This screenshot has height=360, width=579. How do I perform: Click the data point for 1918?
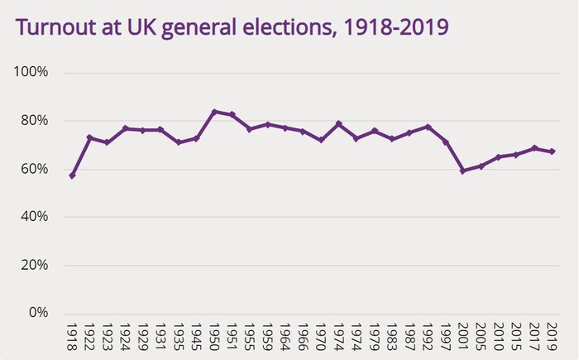click(x=72, y=175)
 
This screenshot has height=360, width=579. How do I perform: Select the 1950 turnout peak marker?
click(x=214, y=112)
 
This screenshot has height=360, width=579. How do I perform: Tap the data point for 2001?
click(x=463, y=170)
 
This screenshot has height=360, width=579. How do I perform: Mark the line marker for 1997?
click(x=446, y=142)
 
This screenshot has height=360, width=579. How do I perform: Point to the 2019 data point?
click(x=553, y=151)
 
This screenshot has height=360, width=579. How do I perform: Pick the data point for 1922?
click(x=89, y=137)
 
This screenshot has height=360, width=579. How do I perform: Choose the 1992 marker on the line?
click(x=428, y=127)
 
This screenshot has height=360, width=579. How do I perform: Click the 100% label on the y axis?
click(x=32, y=72)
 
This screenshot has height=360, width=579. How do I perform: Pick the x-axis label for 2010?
click(x=499, y=339)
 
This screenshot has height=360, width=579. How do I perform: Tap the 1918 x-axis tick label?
click(x=72, y=339)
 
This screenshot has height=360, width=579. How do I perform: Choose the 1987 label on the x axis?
click(x=409, y=339)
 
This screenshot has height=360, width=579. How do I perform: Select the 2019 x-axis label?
click(x=553, y=339)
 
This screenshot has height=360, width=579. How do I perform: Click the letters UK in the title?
click(x=141, y=27)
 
